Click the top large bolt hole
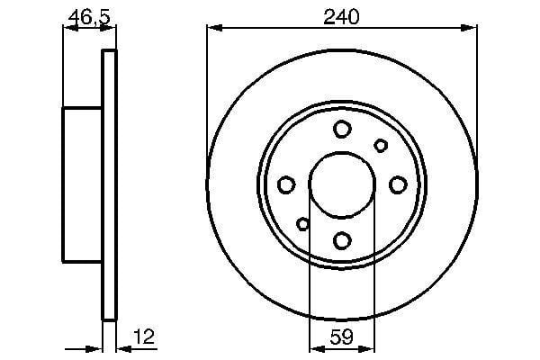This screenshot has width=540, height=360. point(342,130)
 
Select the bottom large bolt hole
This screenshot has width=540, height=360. point(342,240)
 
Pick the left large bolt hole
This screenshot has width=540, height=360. point(287,184)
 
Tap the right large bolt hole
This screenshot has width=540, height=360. point(397,184)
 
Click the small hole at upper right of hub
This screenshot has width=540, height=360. point(381,146)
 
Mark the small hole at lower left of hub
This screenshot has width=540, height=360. point(303,224)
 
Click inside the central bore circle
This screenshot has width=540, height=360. point(342,184)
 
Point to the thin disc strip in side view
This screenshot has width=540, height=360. point(110,184)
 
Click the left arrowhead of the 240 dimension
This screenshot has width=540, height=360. point(213,27)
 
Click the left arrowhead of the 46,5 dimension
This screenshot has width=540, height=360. point(67,27)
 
